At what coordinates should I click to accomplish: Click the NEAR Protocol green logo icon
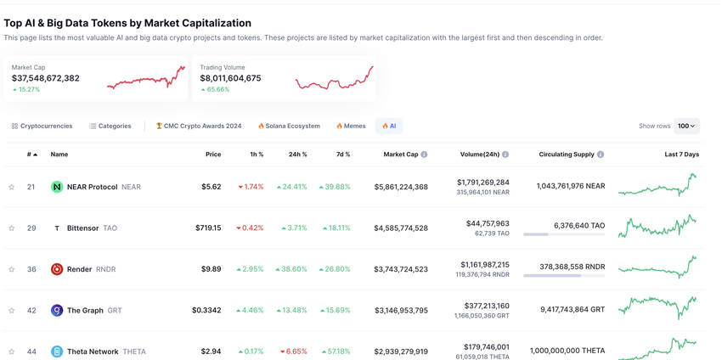click(x=57, y=187)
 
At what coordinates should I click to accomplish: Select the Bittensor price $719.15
click(x=208, y=228)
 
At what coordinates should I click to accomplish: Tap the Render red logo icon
click(x=57, y=269)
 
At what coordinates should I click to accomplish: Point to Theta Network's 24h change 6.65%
click(x=294, y=352)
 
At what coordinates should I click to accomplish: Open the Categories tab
click(x=110, y=126)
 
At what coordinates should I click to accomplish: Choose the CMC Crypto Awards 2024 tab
click(x=198, y=126)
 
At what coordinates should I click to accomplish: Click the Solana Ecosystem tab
click(x=289, y=126)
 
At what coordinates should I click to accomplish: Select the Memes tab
click(x=351, y=126)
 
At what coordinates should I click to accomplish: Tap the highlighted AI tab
click(x=389, y=126)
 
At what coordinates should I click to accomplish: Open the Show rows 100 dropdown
click(x=686, y=126)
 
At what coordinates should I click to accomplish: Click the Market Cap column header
click(x=401, y=155)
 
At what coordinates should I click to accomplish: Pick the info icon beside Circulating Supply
click(x=601, y=155)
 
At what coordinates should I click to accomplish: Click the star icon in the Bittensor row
click(x=12, y=228)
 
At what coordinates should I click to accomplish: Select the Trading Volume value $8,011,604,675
click(x=230, y=78)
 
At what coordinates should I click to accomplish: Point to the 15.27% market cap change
click(x=26, y=89)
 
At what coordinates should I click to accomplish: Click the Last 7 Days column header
click(x=681, y=155)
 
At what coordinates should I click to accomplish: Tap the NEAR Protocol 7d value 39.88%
click(x=335, y=187)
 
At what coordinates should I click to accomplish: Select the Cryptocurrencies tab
click(x=42, y=126)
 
